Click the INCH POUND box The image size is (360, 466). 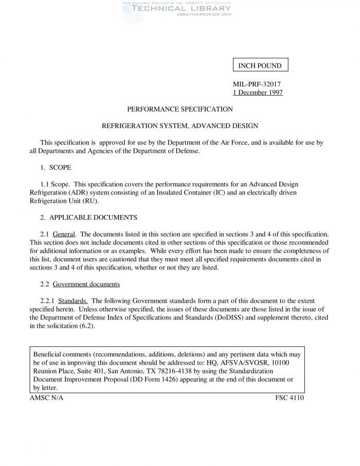(260, 66)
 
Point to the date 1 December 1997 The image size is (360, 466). (258, 93)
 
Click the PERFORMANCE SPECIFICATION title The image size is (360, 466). (180, 109)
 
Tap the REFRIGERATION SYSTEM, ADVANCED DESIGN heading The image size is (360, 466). (180, 126)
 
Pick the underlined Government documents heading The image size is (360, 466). (87, 284)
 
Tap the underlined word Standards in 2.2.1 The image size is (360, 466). (73, 300)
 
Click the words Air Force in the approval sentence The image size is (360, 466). (233, 142)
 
